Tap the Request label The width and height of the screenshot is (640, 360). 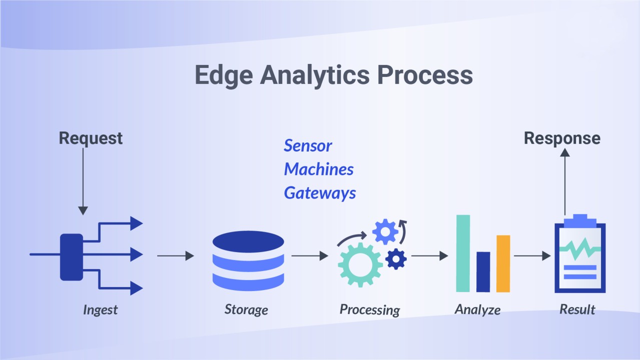click(91, 138)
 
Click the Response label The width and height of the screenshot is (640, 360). click(562, 138)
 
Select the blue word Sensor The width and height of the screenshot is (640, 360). click(308, 145)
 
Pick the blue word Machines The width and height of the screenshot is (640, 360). click(319, 169)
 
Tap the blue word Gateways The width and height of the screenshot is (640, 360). click(320, 192)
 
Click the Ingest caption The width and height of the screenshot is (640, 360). click(100, 309)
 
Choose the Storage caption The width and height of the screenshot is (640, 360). click(246, 309)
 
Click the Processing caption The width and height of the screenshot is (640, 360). click(370, 309)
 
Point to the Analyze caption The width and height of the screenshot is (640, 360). click(477, 309)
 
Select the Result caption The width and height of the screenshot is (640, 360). click(577, 309)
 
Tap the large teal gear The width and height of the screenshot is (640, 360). click(359, 265)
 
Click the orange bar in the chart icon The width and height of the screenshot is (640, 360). click(503, 263)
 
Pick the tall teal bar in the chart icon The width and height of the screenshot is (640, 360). click(463, 253)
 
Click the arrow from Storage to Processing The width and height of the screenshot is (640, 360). click(309, 256)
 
